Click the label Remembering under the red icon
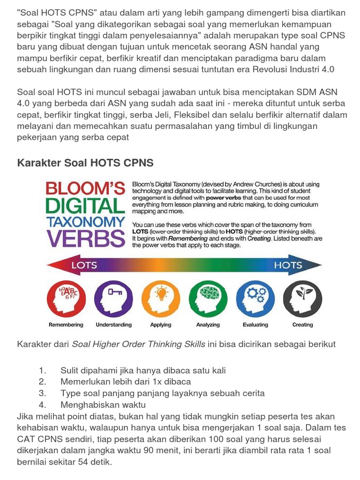66,324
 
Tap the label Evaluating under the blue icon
255,324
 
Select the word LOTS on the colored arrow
84,265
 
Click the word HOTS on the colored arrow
288,265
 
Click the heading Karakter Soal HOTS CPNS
85,163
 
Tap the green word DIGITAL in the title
85,206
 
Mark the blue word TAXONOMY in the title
85,222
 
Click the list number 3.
43,393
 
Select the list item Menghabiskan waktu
103,405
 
